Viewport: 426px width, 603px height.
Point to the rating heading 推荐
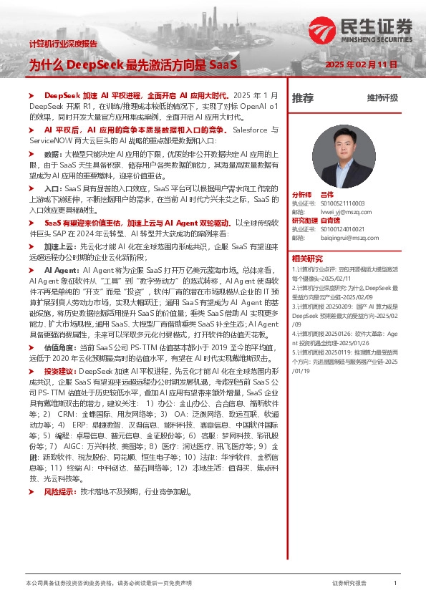click(x=302, y=97)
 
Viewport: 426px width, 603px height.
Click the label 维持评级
click(x=382, y=97)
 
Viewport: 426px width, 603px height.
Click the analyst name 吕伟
click(x=327, y=194)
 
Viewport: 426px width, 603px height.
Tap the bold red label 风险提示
click(x=60, y=472)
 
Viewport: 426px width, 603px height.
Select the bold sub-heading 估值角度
click(x=60, y=346)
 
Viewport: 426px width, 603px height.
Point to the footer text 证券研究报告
click(x=349, y=584)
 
